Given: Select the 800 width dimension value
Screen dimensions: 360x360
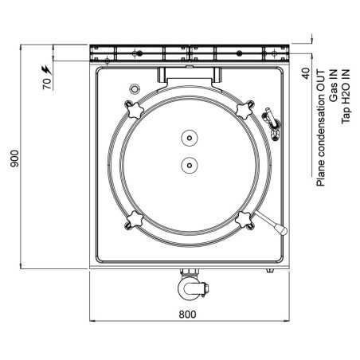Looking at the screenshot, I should click(x=186, y=314).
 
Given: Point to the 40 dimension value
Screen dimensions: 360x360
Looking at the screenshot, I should click(x=306, y=73).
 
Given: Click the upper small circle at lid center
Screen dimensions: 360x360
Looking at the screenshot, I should click(x=189, y=138).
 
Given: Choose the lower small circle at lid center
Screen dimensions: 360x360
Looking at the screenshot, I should click(x=189, y=166).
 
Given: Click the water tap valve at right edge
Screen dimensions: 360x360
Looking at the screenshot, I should click(x=272, y=119).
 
